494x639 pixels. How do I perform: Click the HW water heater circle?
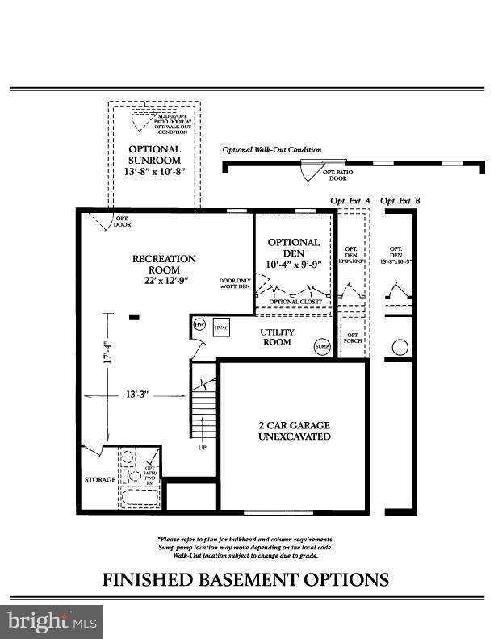coord(199,324)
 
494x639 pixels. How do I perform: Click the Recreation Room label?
coord(164,259)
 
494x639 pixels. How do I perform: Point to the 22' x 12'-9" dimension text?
coord(164,280)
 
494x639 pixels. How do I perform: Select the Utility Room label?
coord(277,337)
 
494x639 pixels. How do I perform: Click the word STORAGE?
coord(101,480)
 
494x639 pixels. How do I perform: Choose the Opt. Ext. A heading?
coord(350,200)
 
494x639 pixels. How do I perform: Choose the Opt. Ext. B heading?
coord(400,200)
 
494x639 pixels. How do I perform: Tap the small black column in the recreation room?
coord(134,317)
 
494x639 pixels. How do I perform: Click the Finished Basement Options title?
coord(245,579)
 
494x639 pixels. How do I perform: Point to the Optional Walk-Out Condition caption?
coord(272,150)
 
